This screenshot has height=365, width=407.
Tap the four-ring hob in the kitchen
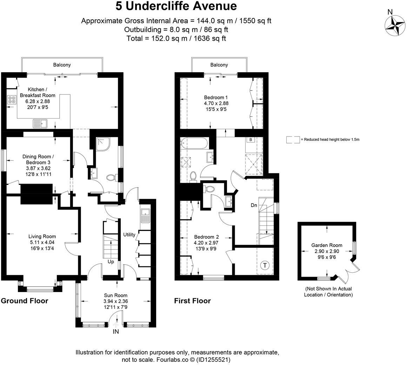(x=12, y=100)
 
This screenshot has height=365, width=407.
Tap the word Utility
(x=129, y=234)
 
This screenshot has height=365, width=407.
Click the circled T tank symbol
(x=265, y=265)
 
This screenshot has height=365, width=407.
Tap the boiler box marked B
(x=251, y=140)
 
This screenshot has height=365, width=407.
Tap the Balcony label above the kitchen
(x=62, y=65)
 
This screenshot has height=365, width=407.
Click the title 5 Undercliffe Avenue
(x=176, y=6)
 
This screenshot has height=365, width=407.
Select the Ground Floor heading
(x=25, y=301)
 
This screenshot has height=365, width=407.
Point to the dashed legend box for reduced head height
(x=293, y=140)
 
